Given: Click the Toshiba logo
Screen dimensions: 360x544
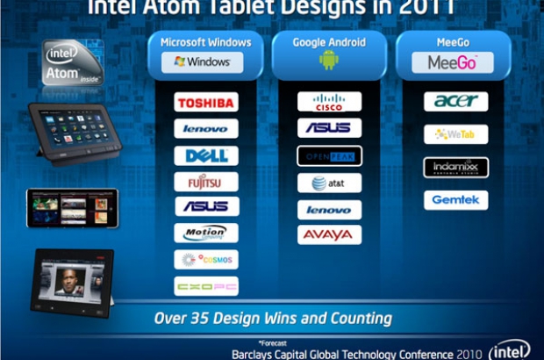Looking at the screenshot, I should [x=206, y=103].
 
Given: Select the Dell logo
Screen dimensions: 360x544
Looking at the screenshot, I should [x=206, y=155].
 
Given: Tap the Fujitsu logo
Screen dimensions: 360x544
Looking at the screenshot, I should [x=206, y=182].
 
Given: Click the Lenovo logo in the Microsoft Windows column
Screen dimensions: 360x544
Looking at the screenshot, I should [x=206, y=129].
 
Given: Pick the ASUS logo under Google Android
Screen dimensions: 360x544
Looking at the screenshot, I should [x=329, y=128].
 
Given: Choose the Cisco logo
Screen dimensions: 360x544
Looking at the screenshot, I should [x=329, y=102].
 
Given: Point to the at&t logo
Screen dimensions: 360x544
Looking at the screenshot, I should [x=329, y=183].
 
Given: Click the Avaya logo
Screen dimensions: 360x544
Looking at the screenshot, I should [x=329, y=235].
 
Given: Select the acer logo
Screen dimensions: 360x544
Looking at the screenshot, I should [x=455, y=102].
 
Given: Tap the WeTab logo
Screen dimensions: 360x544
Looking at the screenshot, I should [x=455, y=135].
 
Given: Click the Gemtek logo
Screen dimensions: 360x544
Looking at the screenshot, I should [x=455, y=200].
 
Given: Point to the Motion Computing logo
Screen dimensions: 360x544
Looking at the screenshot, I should [x=206, y=233].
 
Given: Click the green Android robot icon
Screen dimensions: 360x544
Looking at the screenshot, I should [x=329, y=61].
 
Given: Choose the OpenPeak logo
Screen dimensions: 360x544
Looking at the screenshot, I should [x=329, y=155].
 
